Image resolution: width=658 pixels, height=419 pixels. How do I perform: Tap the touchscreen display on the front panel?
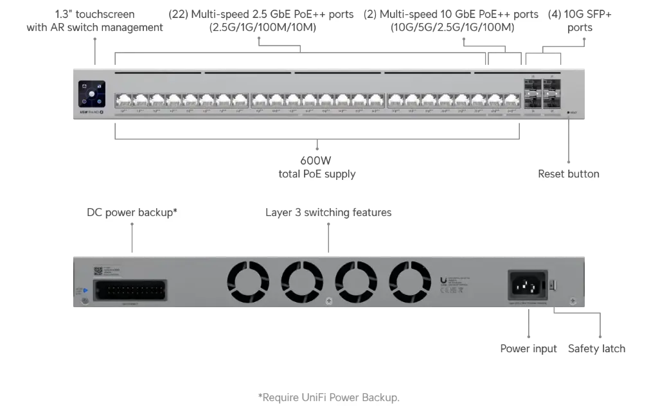click(x=91, y=94)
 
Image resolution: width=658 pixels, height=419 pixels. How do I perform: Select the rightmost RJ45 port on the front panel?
click(x=511, y=100)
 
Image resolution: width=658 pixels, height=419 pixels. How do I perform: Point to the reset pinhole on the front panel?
click(x=569, y=113)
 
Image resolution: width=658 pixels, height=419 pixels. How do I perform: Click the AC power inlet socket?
click(x=527, y=284)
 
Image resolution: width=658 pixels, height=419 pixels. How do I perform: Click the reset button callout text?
click(x=567, y=174)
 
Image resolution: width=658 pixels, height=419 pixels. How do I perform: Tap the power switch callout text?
click(x=596, y=348)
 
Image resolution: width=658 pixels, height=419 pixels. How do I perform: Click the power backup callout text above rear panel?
click(x=132, y=211)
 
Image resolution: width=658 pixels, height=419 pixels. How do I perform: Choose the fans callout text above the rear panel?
click(x=328, y=211)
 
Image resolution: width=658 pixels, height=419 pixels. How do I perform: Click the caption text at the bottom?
click(x=328, y=398)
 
